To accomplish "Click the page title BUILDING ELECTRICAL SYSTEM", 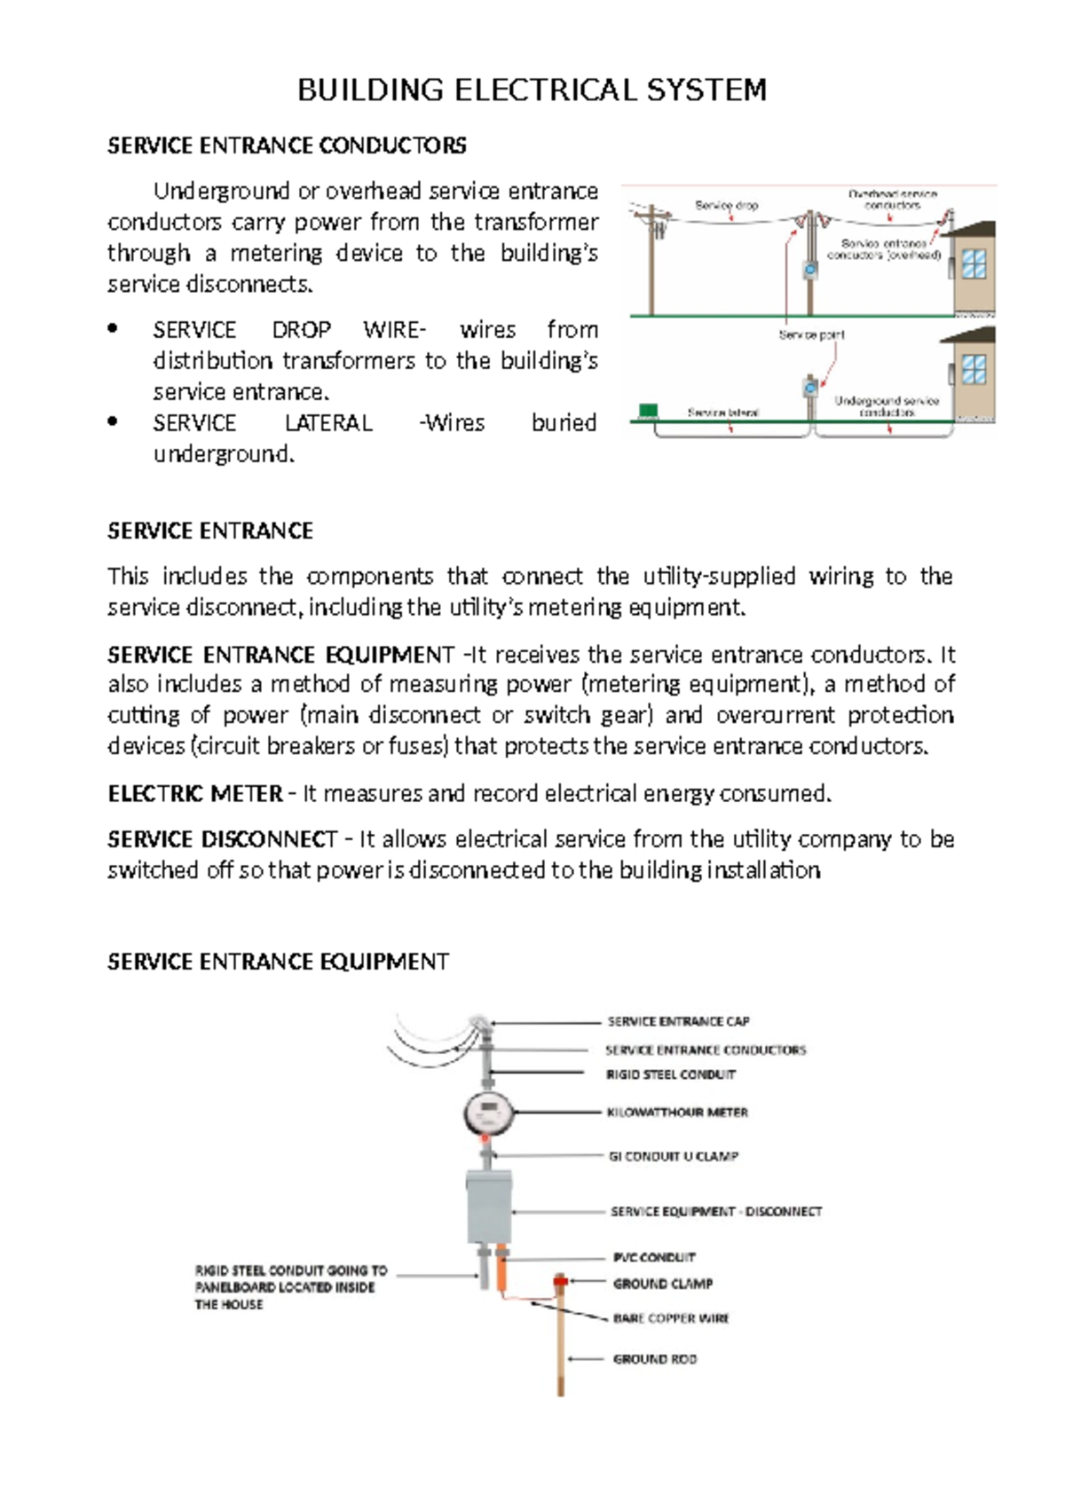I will coord(532,90).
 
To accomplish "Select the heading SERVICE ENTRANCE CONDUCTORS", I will coord(287,145).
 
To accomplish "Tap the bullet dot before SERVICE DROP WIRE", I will coord(113,328).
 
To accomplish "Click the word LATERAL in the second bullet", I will coord(328,423).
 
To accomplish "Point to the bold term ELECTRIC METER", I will coord(194,793).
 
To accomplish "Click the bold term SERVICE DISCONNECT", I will coord(222,839).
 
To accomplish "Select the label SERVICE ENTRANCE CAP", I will coord(678,1021).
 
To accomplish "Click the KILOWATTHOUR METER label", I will coord(677,1112).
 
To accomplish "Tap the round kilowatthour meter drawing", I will coord(488,1113).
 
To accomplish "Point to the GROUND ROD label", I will coord(655,1358).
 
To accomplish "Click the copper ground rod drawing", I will coord(561,1349).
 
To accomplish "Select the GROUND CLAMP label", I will coord(663,1283).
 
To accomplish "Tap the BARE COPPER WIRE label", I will coord(671,1318).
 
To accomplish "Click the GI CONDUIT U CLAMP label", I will coord(673,1156).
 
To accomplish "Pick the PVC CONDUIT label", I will coord(654,1257).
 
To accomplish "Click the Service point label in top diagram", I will coord(811,334).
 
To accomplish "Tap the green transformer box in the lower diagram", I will coord(649,411).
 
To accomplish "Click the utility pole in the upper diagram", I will coord(652,262).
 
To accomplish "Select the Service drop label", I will coord(726,205).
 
